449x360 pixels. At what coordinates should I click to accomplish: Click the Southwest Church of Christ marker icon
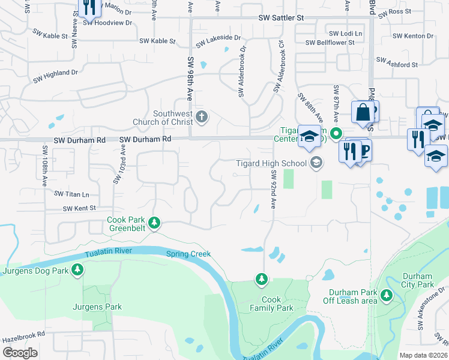[203, 116]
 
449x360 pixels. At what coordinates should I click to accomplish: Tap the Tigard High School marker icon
[316, 163]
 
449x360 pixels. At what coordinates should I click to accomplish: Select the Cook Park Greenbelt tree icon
[155, 223]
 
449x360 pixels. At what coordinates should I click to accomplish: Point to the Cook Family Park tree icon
[261, 279]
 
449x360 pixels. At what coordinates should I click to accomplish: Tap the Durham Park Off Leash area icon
[387, 296]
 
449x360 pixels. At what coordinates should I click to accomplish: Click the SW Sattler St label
[281, 19]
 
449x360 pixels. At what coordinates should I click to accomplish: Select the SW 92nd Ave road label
[273, 189]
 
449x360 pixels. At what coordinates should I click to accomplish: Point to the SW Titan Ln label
[71, 194]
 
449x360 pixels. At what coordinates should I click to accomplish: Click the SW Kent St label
[80, 209]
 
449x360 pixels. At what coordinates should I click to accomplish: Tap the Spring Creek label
[188, 254]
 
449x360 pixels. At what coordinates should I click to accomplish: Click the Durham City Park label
[417, 281]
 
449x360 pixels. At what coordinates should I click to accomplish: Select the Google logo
[20, 353]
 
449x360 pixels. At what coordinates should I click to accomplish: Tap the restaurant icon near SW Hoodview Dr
[88, 7]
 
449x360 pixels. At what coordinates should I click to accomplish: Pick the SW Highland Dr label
[56, 76]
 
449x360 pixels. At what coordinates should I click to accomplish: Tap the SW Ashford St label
[397, 64]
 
